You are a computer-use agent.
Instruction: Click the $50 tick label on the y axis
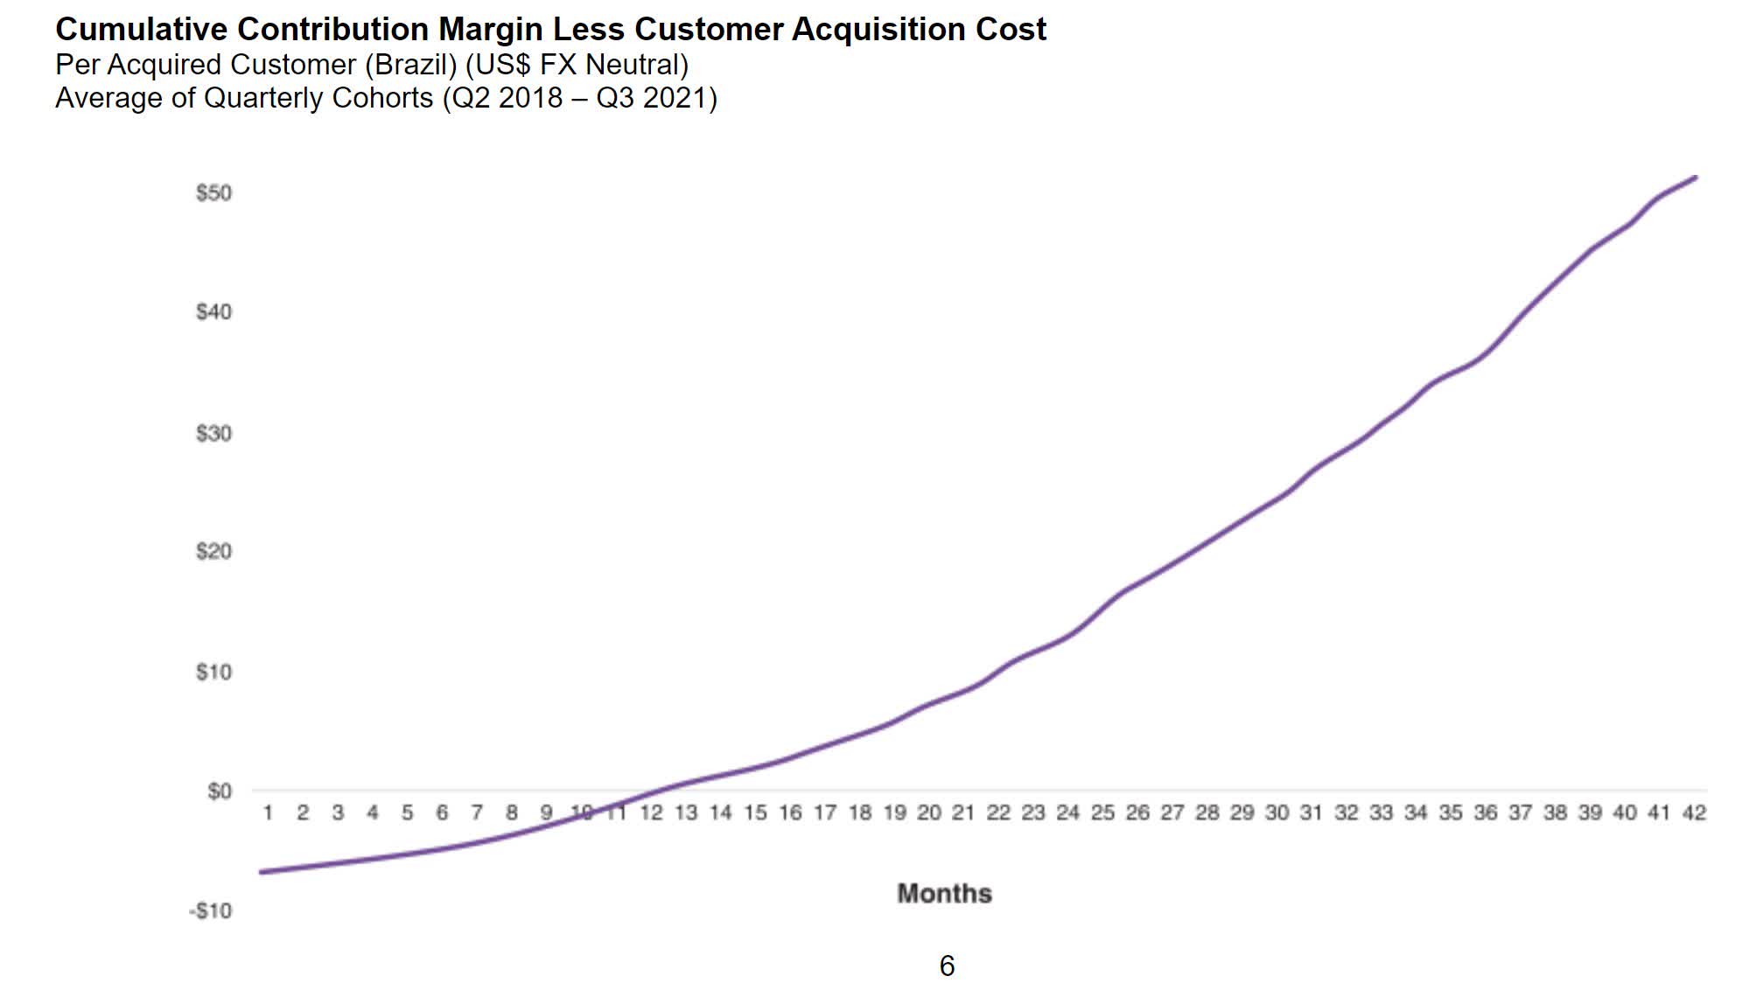coord(213,193)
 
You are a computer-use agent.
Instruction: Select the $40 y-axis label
coord(213,312)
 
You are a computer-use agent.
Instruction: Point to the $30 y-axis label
coord(213,433)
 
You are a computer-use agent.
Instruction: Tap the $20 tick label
coord(213,552)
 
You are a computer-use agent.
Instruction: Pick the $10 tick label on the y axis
coord(213,673)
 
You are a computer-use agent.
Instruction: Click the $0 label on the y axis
coord(219,791)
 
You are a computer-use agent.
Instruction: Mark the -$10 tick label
coord(211,911)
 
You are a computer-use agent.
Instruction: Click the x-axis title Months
coord(944,894)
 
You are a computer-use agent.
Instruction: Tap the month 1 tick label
coord(268,813)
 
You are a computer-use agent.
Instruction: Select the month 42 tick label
coord(1694,813)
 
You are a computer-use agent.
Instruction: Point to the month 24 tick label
coord(1067,813)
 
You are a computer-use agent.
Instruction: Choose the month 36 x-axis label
coord(1485,813)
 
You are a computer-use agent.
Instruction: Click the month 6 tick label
coord(442,813)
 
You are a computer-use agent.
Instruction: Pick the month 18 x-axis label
coord(859,813)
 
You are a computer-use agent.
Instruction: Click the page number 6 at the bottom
coord(947,966)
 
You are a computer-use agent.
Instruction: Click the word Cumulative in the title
coord(141,30)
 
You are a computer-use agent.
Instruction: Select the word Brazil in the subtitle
coord(410,65)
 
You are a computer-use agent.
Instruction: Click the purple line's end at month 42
coord(1696,178)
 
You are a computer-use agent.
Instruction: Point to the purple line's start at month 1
coord(262,872)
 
